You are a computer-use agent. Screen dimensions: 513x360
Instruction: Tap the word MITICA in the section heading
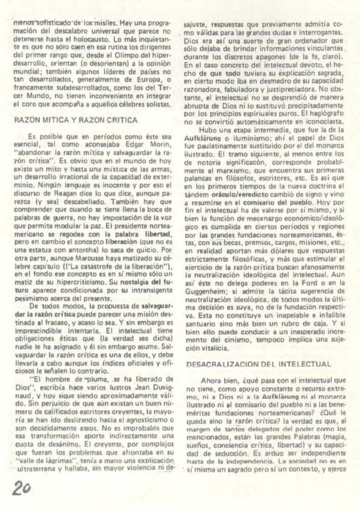[x=53, y=120]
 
